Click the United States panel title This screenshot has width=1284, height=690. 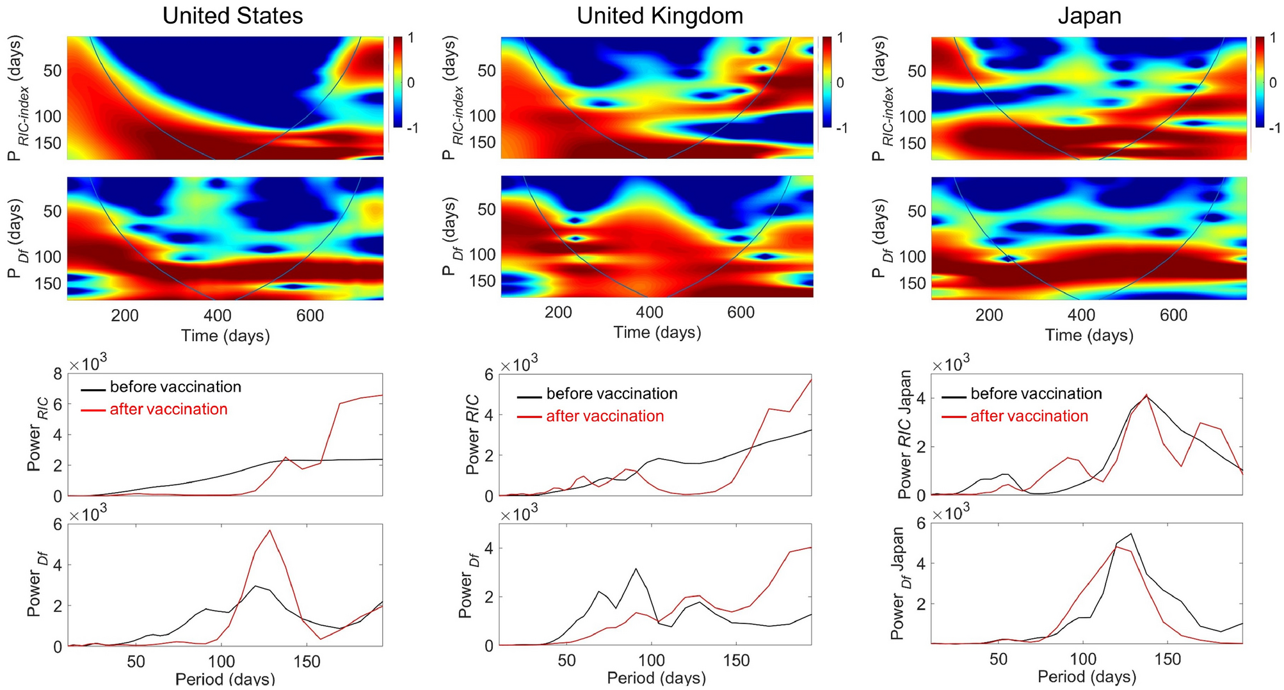(232, 15)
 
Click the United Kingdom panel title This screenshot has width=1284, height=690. (660, 15)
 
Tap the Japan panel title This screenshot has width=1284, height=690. (1089, 15)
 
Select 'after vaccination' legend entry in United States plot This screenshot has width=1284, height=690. (168, 410)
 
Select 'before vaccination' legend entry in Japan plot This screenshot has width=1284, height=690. (1036, 394)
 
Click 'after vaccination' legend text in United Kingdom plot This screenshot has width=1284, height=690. (604, 416)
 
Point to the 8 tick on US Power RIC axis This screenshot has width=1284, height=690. (58, 374)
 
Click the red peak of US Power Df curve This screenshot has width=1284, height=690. (269, 531)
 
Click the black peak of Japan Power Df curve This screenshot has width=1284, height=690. (1131, 534)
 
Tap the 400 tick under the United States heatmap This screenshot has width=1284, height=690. (218, 315)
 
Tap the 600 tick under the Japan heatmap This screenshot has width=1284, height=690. (1173, 315)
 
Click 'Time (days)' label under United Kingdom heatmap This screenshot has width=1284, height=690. (657, 332)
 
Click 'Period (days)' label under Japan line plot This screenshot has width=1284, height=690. (1086, 677)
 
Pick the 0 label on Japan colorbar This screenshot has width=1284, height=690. (1272, 83)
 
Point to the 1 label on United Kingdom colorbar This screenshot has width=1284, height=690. (840, 38)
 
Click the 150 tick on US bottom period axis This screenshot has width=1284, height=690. (307, 662)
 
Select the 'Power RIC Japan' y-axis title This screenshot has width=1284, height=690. (904, 435)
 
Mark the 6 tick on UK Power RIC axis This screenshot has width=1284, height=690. (489, 374)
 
